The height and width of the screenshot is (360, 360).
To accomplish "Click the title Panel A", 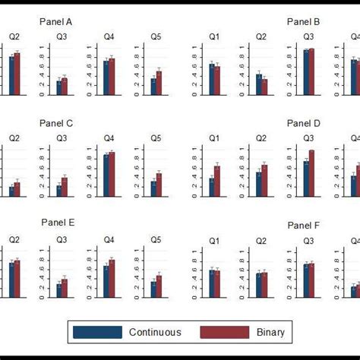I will pyautogui.click(x=57, y=22).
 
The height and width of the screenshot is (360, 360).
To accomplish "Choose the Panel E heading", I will pyautogui.click(x=57, y=223).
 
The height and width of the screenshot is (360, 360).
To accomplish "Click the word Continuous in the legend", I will pyautogui.click(x=155, y=332).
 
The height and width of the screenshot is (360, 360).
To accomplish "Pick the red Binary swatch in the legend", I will pyautogui.click(x=224, y=332).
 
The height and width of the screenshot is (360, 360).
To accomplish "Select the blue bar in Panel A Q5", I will pyautogui.click(x=153, y=87).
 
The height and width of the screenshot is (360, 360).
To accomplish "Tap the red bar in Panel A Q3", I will pyautogui.click(x=65, y=86).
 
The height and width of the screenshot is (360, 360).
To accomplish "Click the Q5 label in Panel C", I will pyautogui.click(x=156, y=138).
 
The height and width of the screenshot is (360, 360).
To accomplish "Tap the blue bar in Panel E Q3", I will pyautogui.click(x=59, y=290).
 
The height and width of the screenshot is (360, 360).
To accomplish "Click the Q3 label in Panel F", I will pyautogui.click(x=308, y=239).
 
